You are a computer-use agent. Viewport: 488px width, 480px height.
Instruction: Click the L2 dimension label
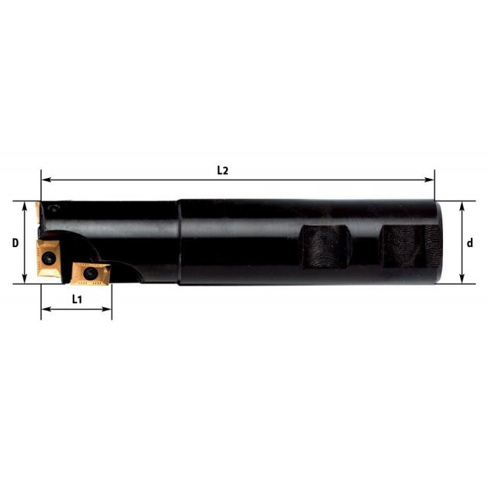point(222,170)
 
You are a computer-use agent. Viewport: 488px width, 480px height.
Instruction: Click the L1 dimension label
point(77,300)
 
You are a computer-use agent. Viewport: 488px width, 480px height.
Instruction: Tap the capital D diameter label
point(15,242)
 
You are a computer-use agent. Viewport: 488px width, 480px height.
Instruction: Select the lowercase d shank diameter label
point(470,242)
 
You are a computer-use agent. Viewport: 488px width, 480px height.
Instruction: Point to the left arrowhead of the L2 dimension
point(46,180)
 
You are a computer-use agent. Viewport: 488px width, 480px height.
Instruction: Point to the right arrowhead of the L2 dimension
point(429,180)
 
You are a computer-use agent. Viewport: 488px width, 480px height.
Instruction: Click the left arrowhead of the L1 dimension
point(46,309)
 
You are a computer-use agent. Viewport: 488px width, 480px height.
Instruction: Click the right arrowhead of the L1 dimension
point(107,309)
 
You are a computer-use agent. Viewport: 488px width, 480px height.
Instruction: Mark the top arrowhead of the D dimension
point(25,206)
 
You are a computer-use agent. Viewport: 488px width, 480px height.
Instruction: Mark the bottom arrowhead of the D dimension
point(25,279)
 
